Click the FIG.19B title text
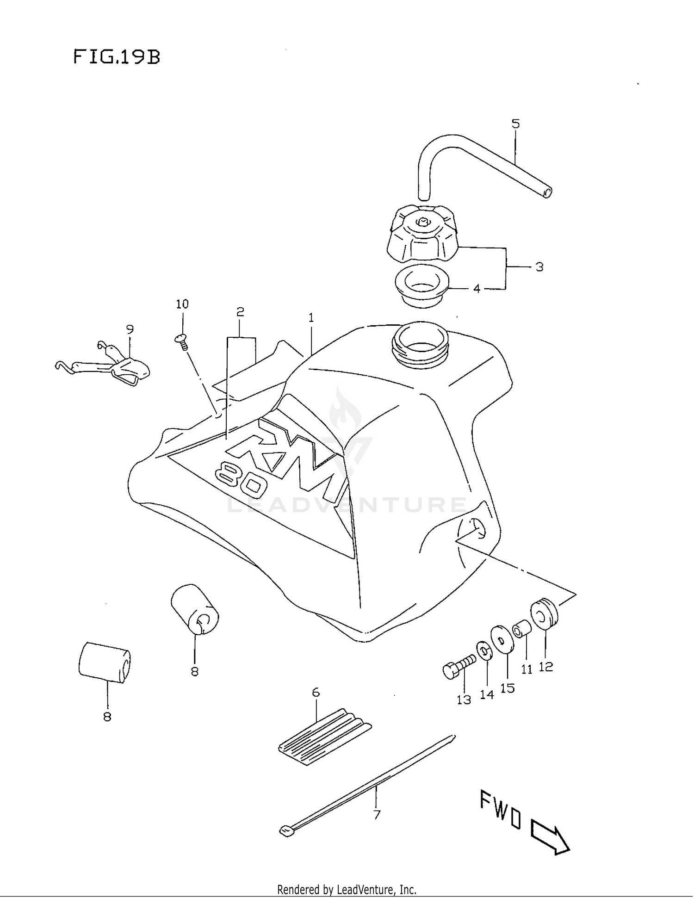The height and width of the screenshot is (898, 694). tap(117, 57)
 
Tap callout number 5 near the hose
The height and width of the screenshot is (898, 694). tap(515, 124)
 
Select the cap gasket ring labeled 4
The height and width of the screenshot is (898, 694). tap(421, 285)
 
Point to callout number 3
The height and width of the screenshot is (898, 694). tap(539, 267)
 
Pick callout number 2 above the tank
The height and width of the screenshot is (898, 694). tap(240, 312)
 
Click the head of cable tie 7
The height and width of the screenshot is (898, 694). tap(287, 831)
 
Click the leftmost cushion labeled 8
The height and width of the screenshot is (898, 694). tap(105, 662)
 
